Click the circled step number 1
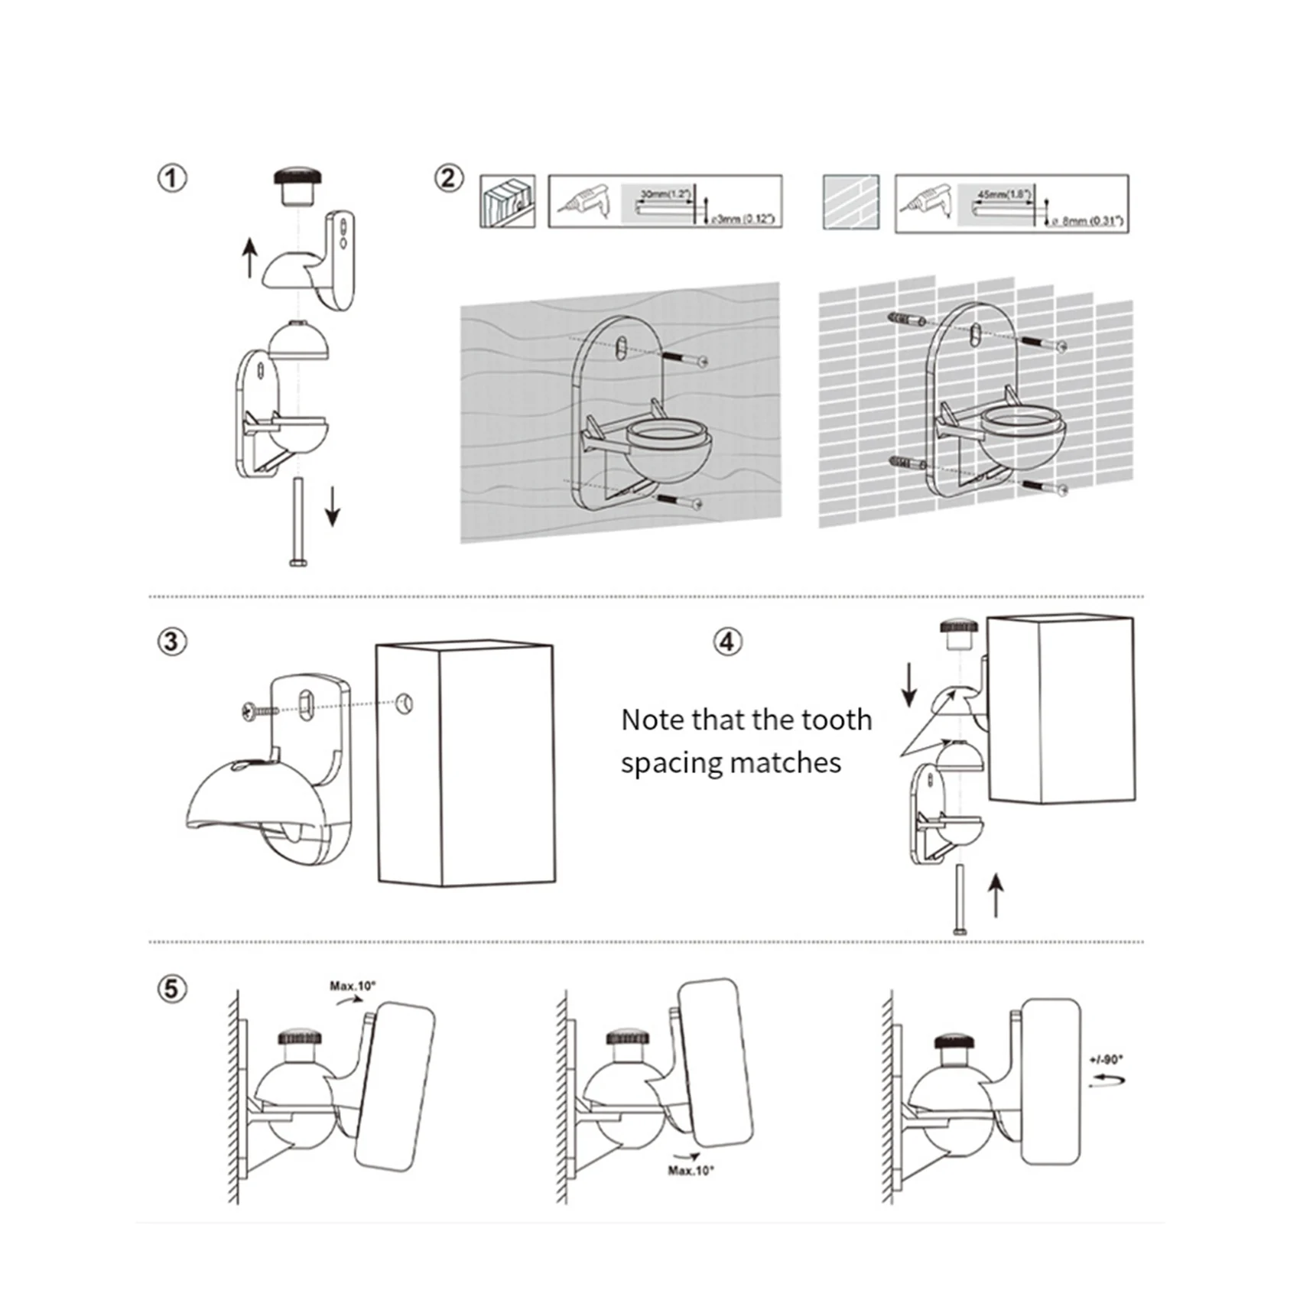click(x=172, y=179)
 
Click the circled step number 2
click(x=449, y=179)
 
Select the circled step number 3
click(x=172, y=642)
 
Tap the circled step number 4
click(x=727, y=642)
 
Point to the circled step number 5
click(x=172, y=989)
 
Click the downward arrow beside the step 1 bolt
click(x=333, y=506)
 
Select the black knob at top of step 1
click(x=297, y=177)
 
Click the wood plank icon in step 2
click(x=507, y=201)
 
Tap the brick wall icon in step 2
click(x=850, y=202)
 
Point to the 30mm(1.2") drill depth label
click(x=665, y=194)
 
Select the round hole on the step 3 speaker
click(x=405, y=703)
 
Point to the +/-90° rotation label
click(x=1106, y=1060)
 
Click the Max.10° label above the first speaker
click(x=353, y=986)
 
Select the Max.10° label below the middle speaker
click(x=691, y=1171)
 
